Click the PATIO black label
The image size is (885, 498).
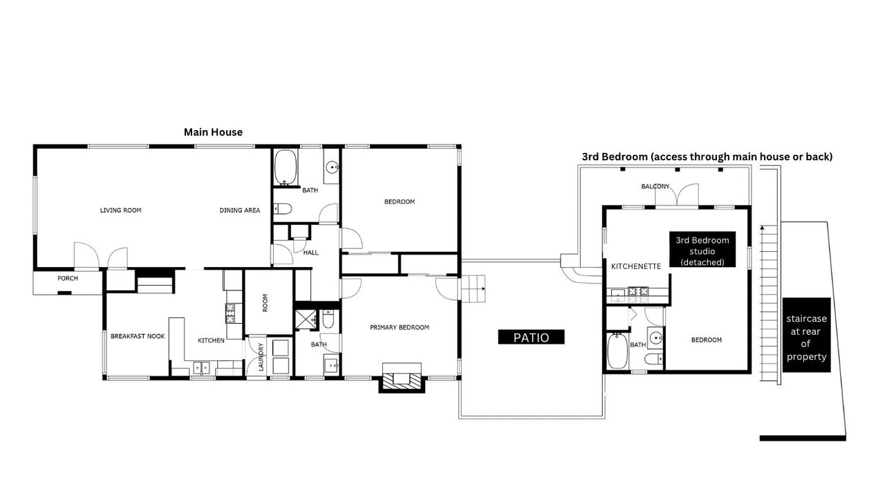pyautogui.click(x=531, y=337)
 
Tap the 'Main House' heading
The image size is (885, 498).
pyautogui.click(x=213, y=132)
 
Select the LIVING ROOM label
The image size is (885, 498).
pyautogui.click(x=120, y=210)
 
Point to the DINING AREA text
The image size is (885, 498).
pyautogui.click(x=240, y=210)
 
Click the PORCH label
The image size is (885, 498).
pyautogui.click(x=68, y=278)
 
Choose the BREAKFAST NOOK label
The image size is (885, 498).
pyautogui.click(x=138, y=336)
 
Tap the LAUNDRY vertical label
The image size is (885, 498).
pyautogui.click(x=261, y=357)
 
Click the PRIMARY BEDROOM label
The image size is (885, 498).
pyautogui.click(x=400, y=327)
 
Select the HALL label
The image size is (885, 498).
pyautogui.click(x=310, y=252)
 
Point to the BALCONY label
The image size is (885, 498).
pyautogui.click(x=655, y=186)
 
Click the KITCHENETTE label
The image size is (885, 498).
pyautogui.click(x=635, y=266)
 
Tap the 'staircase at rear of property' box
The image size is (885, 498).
pyautogui.click(x=806, y=335)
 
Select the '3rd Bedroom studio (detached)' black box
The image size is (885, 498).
pyautogui.click(x=702, y=250)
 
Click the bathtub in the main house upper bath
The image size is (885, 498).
pyautogui.click(x=286, y=167)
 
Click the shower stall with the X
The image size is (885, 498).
pyautogui.click(x=306, y=320)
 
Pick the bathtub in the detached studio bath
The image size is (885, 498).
pyautogui.click(x=617, y=351)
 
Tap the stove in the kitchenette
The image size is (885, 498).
pyautogui.click(x=638, y=292)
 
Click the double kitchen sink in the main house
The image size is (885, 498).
pyautogui.click(x=201, y=368)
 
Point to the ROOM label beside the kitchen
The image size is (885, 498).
pyautogui.click(x=265, y=303)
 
